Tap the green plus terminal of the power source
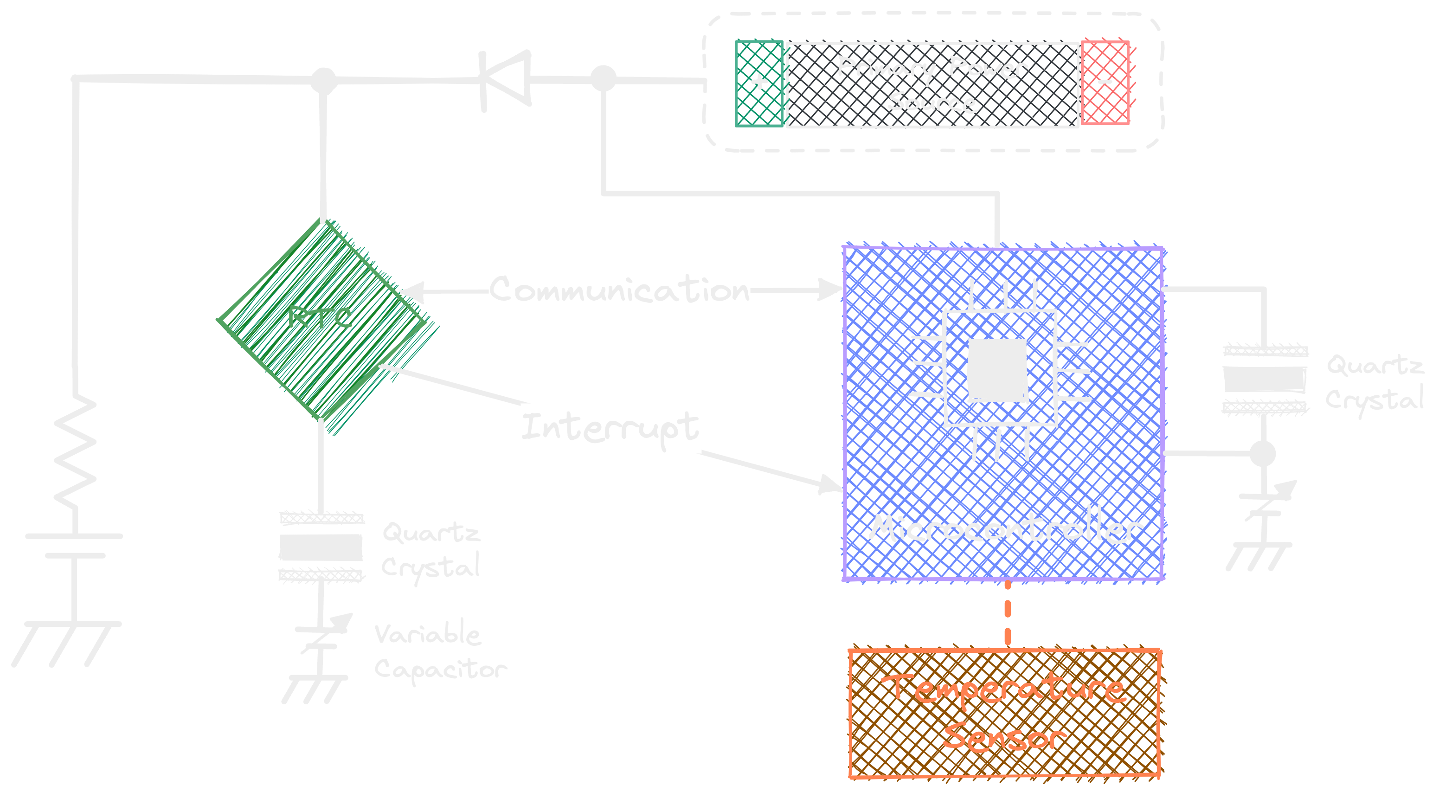tap(758, 83)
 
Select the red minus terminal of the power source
tap(1105, 83)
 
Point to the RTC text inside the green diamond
tap(320, 317)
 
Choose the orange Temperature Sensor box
tap(1004, 713)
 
